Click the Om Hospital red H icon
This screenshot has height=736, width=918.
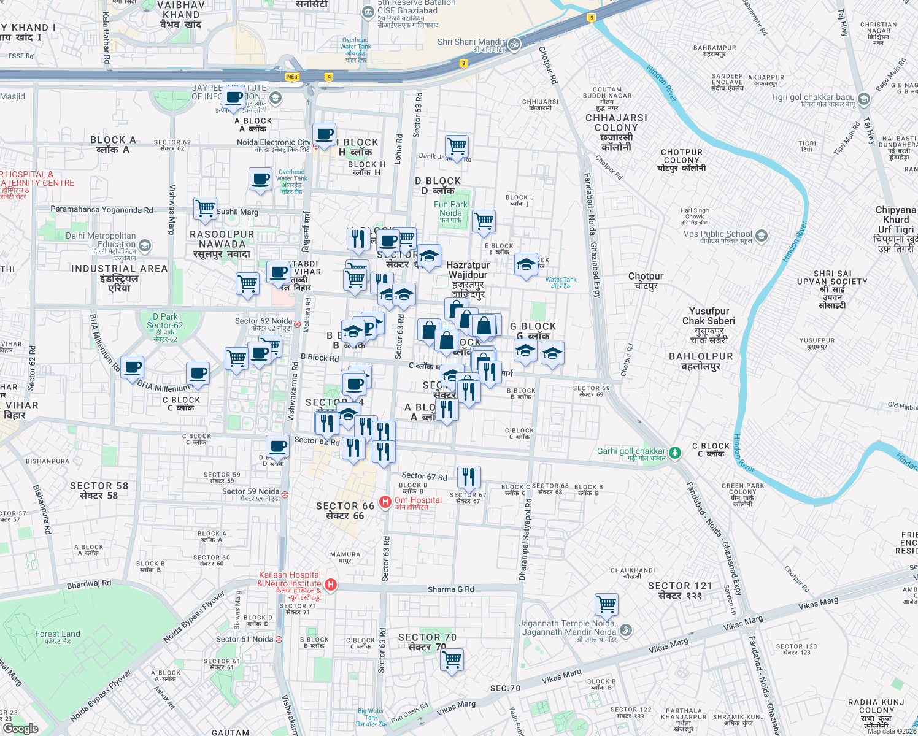(x=385, y=502)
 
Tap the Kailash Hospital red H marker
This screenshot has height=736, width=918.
(x=331, y=585)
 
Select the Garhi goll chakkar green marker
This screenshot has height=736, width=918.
(x=675, y=453)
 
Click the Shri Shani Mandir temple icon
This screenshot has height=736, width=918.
(x=514, y=44)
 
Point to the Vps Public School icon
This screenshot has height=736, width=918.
(x=762, y=236)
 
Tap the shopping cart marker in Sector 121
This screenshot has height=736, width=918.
(x=606, y=604)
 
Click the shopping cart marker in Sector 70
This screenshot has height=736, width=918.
(x=452, y=661)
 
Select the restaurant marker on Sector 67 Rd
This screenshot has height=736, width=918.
(x=468, y=477)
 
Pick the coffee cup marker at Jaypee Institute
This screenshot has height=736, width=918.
(x=234, y=98)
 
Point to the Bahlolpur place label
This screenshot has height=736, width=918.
(x=701, y=361)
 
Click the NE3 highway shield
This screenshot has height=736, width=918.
(x=292, y=77)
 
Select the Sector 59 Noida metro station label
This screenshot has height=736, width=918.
(x=251, y=492)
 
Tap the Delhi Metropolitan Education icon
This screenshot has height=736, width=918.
(x=145, y=246)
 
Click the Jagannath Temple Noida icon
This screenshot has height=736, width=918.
(x=626, y=630)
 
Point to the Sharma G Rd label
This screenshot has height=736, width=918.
(x=450, y=589)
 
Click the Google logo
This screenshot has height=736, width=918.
(x=21, y=729)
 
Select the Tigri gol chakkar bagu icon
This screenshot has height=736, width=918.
(x=864, y=99)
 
